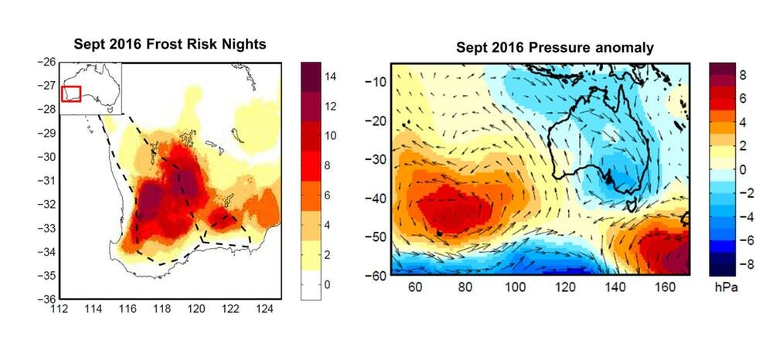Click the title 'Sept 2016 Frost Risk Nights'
(170, 44)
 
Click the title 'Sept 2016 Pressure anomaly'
(555, 48)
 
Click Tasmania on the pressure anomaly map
(633, 204)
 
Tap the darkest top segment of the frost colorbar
(318, 71)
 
